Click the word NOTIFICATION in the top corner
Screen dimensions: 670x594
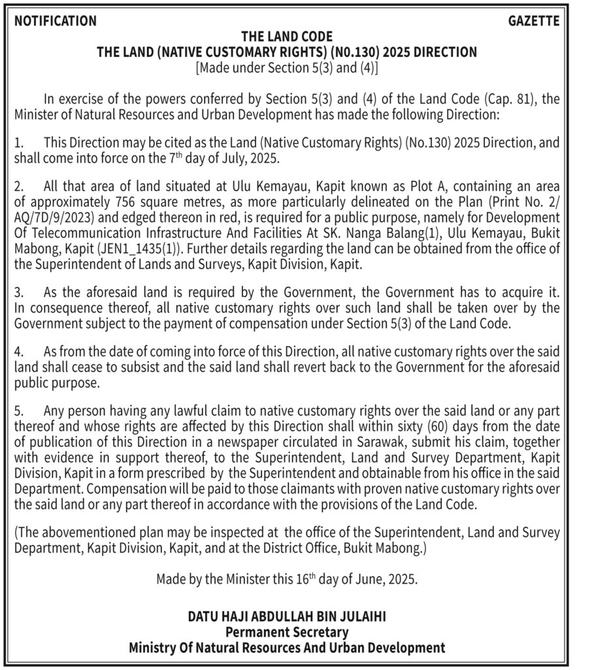pos(55,21)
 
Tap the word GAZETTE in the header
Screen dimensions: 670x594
pos(533,21)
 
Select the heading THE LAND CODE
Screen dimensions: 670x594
pos(287,37)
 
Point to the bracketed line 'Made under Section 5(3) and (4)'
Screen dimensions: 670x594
pos(287,67)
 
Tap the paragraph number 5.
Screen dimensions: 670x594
pos(18,411)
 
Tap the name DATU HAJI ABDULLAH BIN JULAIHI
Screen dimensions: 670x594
pos(287,617)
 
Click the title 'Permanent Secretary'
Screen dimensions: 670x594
pos(287,633)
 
